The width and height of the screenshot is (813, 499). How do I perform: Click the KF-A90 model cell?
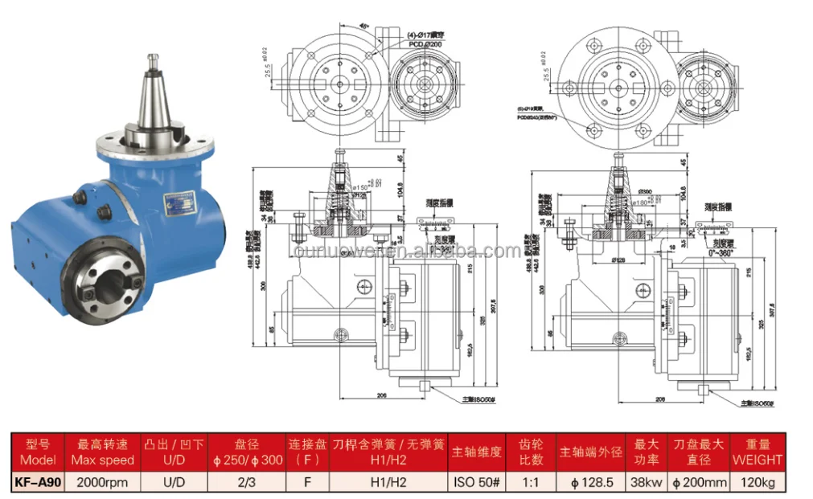(x=39, y=482)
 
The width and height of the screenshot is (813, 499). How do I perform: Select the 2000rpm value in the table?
(x=102, y=482)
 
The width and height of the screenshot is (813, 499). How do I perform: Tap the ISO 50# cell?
(x=477, y=482)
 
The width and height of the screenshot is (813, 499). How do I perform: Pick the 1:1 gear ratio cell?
(x=532, y=482)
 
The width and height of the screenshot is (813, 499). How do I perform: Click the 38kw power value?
(x=647, y=482)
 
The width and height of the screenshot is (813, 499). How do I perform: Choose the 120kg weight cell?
(x=757, y=482)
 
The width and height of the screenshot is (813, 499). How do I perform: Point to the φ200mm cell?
(x=698, y=482)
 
